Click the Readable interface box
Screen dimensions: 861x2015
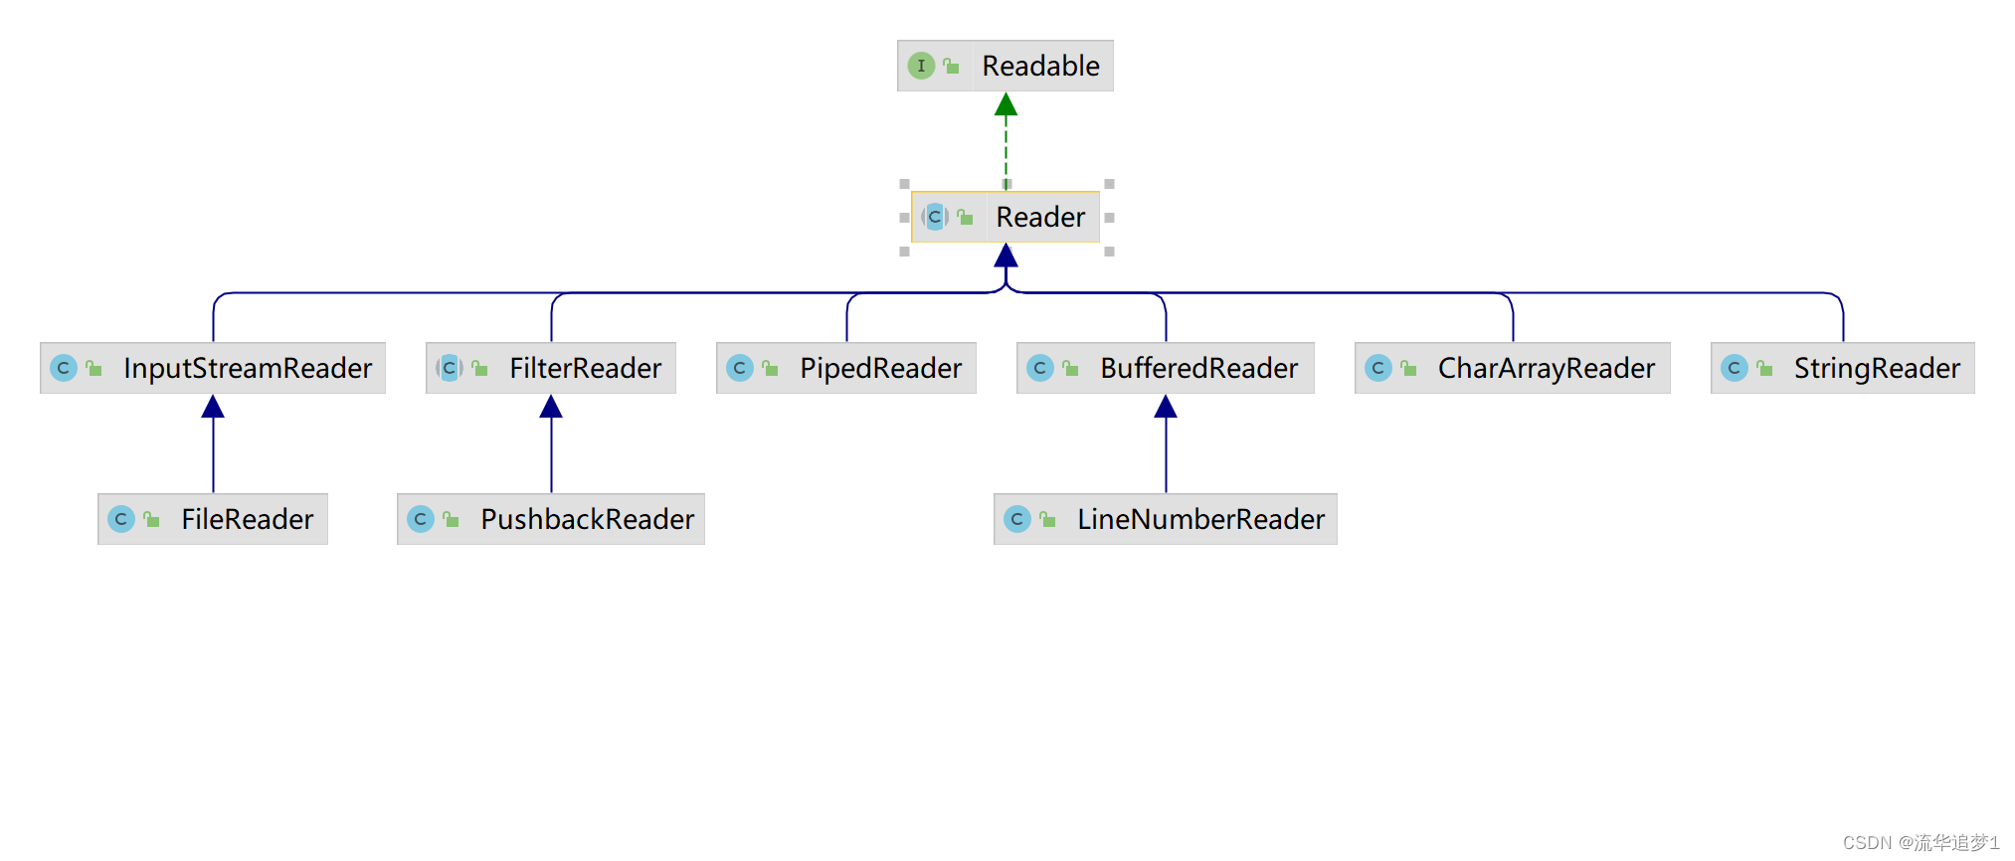[x=1005, y=66]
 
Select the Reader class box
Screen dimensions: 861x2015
[x=1006, y=217]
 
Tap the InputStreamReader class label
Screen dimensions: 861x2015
[x=247, y=368]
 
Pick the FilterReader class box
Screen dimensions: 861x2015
[x=551, y=368]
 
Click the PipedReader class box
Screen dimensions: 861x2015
[x=845, y=368]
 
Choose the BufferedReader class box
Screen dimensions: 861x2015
[x=1165, y=368]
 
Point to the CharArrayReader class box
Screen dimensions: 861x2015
[x=1512, y=368]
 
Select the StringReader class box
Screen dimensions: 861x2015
[x=1842, y=368]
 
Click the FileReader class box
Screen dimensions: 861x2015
[x=213, y=519]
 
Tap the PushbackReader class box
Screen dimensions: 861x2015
[x=551, y=519]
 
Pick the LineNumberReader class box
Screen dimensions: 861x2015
[x=1165, y=519]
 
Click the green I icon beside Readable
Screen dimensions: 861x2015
[x=921, y=66]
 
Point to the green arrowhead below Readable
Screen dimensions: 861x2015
[x=1006, y=104]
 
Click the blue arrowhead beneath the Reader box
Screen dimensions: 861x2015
[x=1006, y=256]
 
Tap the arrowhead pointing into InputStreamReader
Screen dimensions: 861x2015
[x=213, y=407]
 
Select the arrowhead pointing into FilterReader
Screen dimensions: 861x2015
[x=551, y=407]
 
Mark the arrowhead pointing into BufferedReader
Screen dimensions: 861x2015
[x=1166, y=407]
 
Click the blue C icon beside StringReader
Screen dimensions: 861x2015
[x=1734, y=368]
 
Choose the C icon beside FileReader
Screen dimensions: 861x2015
[x=120, y=519]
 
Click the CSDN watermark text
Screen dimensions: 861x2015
[x=1920, y=842]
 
